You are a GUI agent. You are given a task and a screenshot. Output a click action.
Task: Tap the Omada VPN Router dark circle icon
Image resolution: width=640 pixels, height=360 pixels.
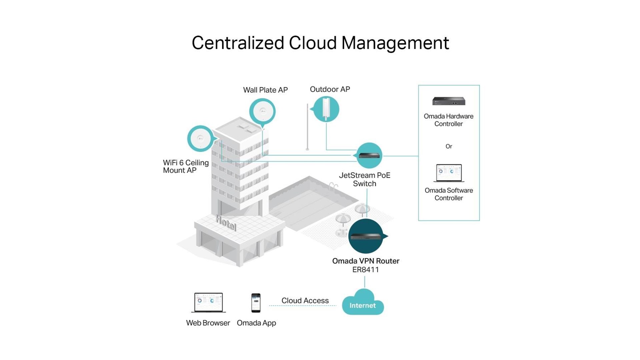point(366,236)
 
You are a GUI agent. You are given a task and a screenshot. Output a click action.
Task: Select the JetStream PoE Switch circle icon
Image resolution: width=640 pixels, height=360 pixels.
point(369,155)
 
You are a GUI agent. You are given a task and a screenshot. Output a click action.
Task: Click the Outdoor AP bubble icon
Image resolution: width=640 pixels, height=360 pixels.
point(326,109)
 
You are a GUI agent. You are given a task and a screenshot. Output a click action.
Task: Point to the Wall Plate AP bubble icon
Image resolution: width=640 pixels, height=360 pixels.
point(263,111)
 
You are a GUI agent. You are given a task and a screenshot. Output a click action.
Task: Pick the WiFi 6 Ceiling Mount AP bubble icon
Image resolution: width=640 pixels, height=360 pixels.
point(200,139)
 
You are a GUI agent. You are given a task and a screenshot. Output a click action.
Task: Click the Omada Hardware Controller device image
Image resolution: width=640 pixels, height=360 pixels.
point(449,101)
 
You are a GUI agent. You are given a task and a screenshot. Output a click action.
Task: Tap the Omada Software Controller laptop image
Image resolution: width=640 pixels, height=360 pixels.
point(449,173)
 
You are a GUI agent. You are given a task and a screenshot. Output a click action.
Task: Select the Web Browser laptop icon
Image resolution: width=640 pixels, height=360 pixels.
point(208,302)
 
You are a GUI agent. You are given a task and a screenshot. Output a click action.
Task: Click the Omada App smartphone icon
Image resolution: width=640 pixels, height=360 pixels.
point(256,303)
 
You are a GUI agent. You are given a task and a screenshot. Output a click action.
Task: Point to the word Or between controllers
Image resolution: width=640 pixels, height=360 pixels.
point(449,146)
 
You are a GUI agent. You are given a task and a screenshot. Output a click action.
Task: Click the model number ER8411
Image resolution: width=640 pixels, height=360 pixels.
point(366,270)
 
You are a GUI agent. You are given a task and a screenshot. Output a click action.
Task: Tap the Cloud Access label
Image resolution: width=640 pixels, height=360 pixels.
point(305,300)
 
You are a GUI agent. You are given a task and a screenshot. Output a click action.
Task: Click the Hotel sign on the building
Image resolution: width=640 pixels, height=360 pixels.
point(226,223)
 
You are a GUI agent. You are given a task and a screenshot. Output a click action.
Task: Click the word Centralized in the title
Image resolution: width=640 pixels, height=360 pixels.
point(238,43)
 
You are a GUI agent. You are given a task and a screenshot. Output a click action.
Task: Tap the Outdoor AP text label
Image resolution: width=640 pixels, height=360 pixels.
point(330,89)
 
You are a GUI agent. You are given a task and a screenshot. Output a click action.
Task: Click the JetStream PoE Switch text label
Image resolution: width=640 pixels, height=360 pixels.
point(364,179)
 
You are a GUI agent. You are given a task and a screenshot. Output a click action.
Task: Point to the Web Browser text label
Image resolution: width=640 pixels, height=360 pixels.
point(208,323)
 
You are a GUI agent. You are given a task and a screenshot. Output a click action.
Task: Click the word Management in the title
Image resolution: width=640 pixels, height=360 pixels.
point(395,43)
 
